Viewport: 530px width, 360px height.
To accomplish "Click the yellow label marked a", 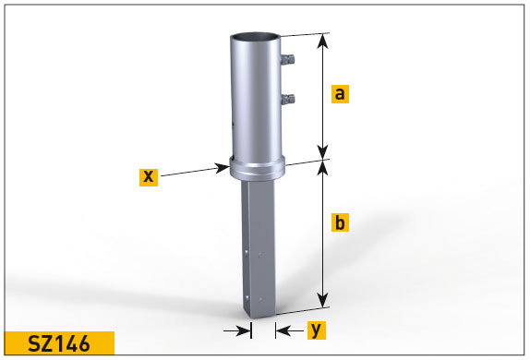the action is coord(340,93).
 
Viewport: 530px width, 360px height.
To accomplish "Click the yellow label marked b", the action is coord(340,222).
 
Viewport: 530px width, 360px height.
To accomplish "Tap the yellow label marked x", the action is coord(149,176).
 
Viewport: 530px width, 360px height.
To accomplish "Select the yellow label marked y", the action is coord(317,330).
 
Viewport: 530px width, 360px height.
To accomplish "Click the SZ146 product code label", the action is coord(59,343).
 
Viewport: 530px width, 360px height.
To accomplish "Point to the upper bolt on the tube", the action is coord(288,59).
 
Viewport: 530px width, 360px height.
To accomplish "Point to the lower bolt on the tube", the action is coord(288,100).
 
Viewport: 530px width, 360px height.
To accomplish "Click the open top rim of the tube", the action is coord(255,37).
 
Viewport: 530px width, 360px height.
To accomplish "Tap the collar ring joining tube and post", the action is coord(258,169).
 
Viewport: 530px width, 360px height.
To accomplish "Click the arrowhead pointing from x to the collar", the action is coord(223,168).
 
